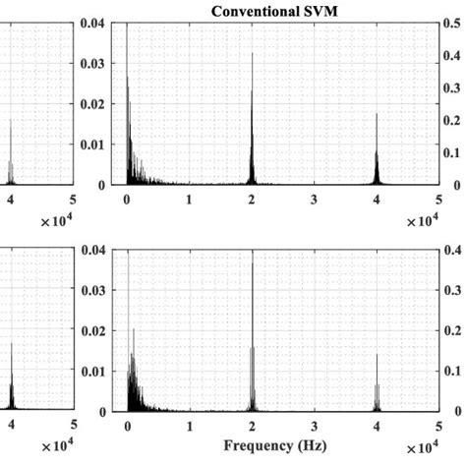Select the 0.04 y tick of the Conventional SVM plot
point(93,24)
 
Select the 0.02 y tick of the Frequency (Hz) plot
point(93,331)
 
